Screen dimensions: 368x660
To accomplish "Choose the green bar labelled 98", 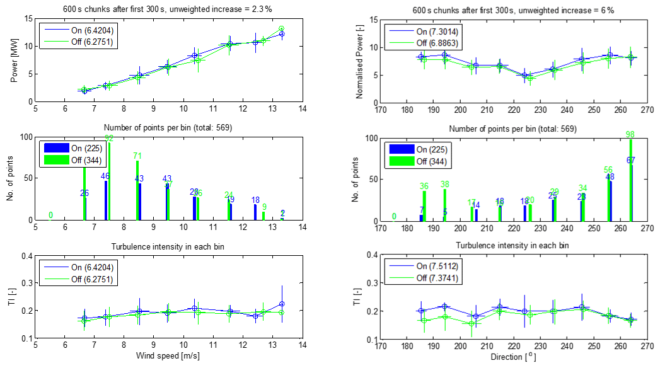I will click(x=630, y=180).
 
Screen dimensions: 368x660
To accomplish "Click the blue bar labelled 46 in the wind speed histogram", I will click(x=106, y=200).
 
